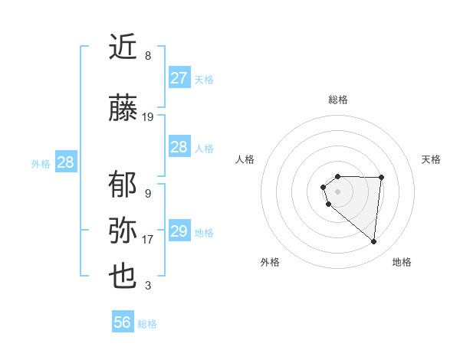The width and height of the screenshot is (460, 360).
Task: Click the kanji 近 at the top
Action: pos(123,47)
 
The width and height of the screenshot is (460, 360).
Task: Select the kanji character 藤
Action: pos(123,110)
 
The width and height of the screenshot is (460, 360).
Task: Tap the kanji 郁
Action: pos(123,185)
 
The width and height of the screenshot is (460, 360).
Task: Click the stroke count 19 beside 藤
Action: pos(148,117)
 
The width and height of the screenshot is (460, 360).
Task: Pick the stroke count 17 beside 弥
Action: pos(148,240)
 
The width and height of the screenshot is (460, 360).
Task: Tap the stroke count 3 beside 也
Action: pos(148,286)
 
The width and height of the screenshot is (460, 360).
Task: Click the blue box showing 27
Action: pos(179,78)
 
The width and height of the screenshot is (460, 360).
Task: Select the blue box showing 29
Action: pos(179,231)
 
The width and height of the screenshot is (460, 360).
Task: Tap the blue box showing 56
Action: pos(123,322)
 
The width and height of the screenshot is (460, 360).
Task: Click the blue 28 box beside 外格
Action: pos(65,162)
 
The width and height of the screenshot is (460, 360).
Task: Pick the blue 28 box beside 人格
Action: pos(179,147)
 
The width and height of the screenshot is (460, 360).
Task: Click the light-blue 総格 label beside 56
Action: pos(147,324)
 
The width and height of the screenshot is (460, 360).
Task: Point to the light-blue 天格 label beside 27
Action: pos(204,80)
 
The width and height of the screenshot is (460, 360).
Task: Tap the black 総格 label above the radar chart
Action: pos(338,100)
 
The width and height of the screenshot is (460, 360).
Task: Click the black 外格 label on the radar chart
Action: pos(270,263)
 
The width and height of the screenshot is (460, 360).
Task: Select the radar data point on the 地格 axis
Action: pos(374,242)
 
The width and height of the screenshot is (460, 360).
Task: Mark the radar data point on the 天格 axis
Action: pos(382,178)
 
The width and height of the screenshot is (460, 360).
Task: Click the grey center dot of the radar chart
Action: pos(338,191)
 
